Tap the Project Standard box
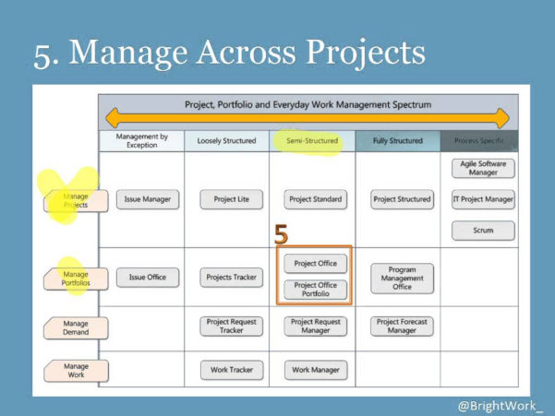click(315, 199)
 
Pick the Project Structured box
click(402, 199)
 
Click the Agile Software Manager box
click(483, 168)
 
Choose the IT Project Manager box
click(483, 199)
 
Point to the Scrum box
click(483, 231)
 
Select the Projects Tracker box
click(232, 277)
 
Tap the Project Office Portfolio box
click(315, 290)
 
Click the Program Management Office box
click(402, 278)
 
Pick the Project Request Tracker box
click(232, 327)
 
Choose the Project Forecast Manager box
click(402, 327)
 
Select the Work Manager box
click(315, 370)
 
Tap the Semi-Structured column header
click(312, 141)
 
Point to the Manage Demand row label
click(76, 327)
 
